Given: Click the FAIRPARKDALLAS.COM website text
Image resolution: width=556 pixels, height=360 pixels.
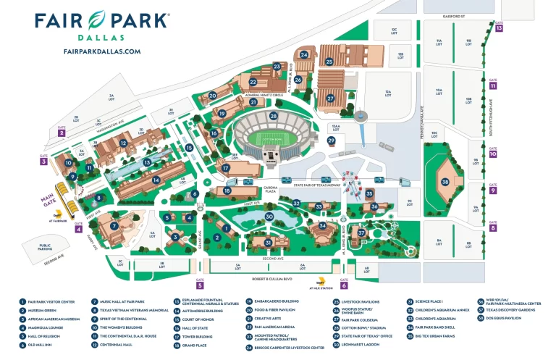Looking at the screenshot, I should coord(102,51).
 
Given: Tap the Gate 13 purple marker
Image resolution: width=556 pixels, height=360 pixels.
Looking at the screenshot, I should coord(499,28).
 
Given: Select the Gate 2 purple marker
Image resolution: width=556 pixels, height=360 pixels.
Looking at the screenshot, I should coord(62,133).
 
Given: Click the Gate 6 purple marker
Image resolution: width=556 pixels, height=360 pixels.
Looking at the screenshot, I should coord(344,285).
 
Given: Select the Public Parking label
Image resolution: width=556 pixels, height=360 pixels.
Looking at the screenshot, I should coord(49,248).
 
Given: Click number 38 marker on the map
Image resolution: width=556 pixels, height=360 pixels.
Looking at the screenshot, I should coord(446,182).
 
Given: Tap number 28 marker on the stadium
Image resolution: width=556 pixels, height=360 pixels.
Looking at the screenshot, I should coord(273,116).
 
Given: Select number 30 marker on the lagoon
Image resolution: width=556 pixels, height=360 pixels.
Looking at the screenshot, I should coord(269,216).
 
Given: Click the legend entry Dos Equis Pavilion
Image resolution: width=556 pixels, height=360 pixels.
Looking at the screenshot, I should coord(502,317).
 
